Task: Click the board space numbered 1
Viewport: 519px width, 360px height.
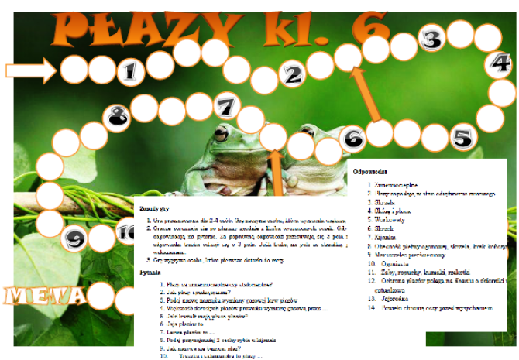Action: (130, 71)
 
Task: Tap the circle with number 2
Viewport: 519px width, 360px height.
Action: (292, 75)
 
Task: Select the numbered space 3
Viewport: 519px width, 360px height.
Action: (432, 39)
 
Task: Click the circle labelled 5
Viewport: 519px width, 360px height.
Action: (462, 138)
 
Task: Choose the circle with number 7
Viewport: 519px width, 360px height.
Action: (225, 105)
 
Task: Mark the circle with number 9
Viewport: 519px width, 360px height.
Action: (74, 239)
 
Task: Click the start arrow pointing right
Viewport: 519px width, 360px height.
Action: (29, 71)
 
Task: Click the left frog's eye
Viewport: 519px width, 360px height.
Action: (222, 133)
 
